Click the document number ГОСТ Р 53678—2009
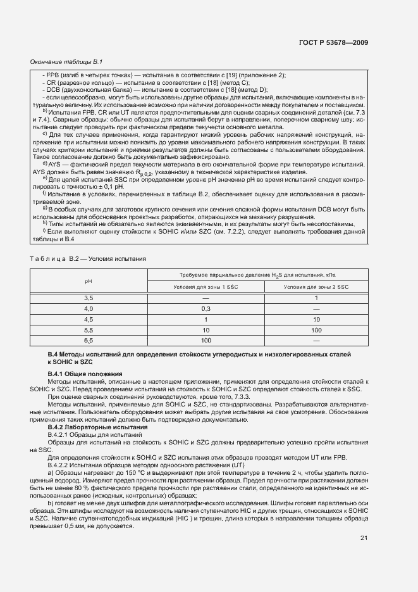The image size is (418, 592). [x=333, y=43]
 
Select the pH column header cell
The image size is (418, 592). [x=89, y=280]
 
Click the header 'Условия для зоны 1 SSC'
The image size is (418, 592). [x=206, y=287]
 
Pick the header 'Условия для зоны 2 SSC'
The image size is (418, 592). [x=316, y=287]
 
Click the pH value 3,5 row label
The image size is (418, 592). [x=89, y=298]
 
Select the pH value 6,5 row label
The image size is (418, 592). [x=89, y=341]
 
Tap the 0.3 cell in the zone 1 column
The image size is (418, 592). [x=206, y=308]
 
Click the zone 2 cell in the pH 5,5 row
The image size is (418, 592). [x=316, y=330]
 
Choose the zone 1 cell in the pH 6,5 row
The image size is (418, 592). [x=206, y=341]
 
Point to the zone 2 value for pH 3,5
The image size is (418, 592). [x=316, y=298]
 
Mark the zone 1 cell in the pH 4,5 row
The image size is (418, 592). [x=206, y=319]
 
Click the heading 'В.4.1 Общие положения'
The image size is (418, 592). [x=85, y=374]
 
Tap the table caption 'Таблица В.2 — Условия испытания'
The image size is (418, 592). [x=89, y=258]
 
